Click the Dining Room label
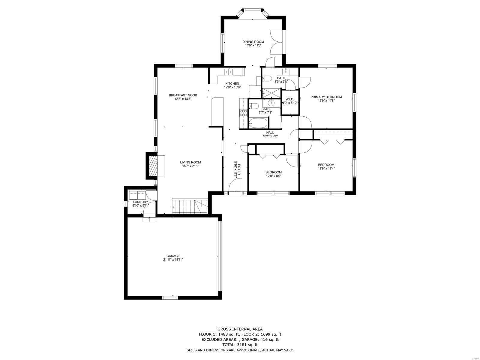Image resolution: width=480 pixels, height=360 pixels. (253, 42)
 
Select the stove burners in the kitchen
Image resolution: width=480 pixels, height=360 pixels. (243, 113)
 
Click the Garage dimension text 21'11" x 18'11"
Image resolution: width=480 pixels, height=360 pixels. (173, 259)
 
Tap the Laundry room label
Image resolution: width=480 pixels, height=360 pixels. (141, 202)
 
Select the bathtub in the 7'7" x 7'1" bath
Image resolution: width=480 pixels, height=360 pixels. (258, 123)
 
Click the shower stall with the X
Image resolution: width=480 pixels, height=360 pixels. (271, 93)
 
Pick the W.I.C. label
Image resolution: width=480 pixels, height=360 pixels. (289, 99)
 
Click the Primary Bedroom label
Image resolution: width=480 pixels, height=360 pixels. (326, 97)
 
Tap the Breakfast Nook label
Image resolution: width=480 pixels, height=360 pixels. (183, 95)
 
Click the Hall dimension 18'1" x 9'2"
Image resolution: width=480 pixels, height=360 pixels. (270, 136)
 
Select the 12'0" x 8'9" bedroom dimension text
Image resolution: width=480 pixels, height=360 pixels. (273, 176)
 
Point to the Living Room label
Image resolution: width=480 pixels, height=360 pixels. (190, 162)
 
